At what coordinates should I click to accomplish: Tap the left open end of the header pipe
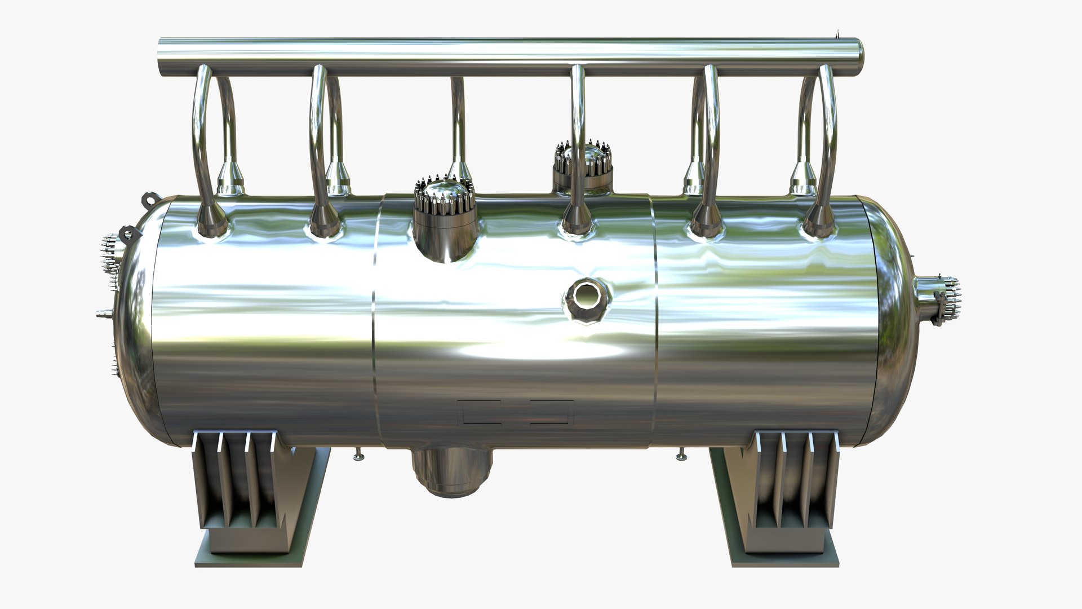(162, 59)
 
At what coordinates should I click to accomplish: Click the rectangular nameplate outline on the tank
(515, 413)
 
